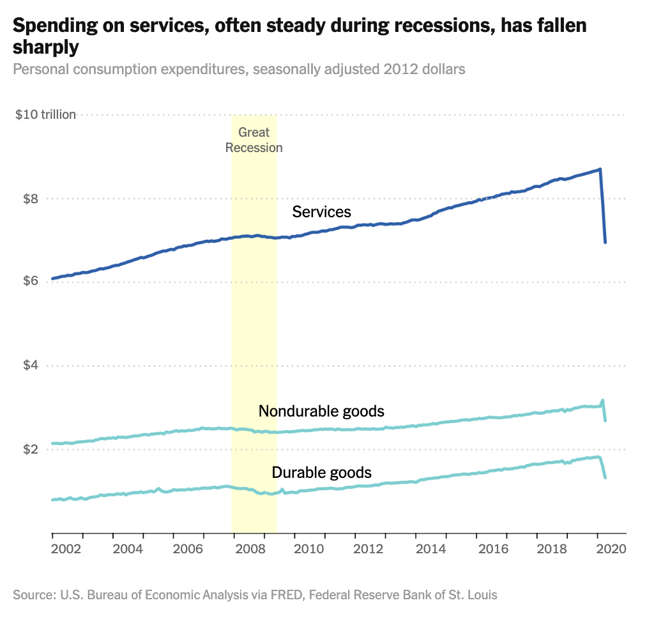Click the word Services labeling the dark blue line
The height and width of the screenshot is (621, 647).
click(322, 211)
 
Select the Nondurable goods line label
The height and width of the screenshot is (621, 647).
click(321, 411)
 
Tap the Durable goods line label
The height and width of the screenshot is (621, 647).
click(321, 473)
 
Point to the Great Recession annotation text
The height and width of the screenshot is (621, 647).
click(254, 140)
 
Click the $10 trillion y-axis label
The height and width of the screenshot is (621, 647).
click(46, 114)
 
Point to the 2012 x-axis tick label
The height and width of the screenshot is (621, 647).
click(369, 548)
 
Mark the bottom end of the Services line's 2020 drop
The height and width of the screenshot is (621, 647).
click(605, 242)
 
